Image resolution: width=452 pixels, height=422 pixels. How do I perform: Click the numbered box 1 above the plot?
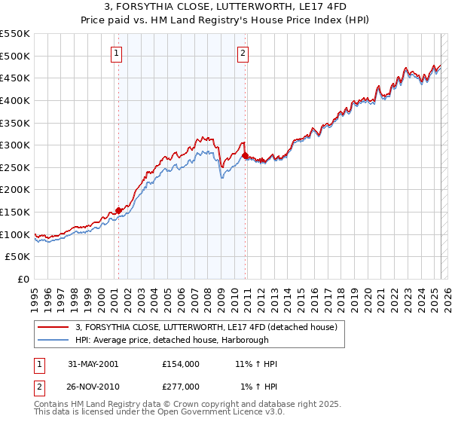point(118,53)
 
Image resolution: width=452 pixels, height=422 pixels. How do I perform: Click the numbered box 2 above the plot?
point(243,53)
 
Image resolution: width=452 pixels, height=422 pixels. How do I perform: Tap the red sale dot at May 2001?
point(119,210)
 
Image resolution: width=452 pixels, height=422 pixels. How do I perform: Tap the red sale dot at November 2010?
point(246,156)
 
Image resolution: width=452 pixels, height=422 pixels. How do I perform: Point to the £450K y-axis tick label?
point(16,78)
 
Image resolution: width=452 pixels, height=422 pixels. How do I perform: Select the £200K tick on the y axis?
point(16,190)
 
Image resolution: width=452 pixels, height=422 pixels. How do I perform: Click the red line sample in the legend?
point(53,327)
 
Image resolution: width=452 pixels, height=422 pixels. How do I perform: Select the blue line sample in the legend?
point(53,340)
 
